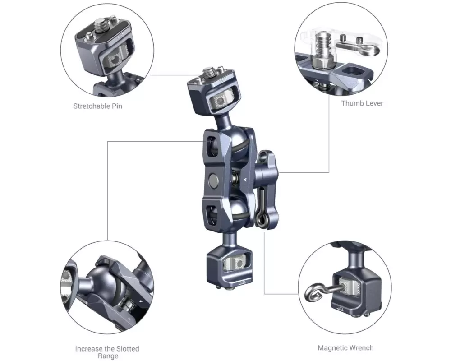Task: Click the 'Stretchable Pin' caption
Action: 98,106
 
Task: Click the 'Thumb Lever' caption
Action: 362,103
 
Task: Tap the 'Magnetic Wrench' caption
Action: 346,348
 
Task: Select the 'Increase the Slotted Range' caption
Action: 107,352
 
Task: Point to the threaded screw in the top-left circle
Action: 102,25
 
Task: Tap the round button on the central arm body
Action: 213,180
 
